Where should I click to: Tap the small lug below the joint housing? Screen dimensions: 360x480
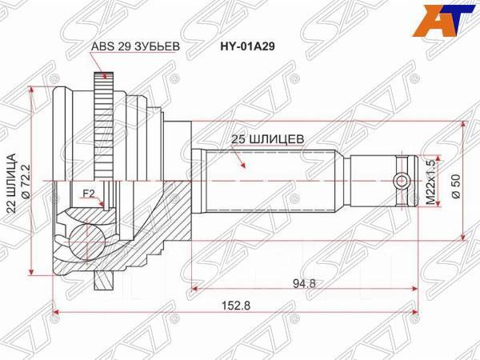click(x=102, y=281)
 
